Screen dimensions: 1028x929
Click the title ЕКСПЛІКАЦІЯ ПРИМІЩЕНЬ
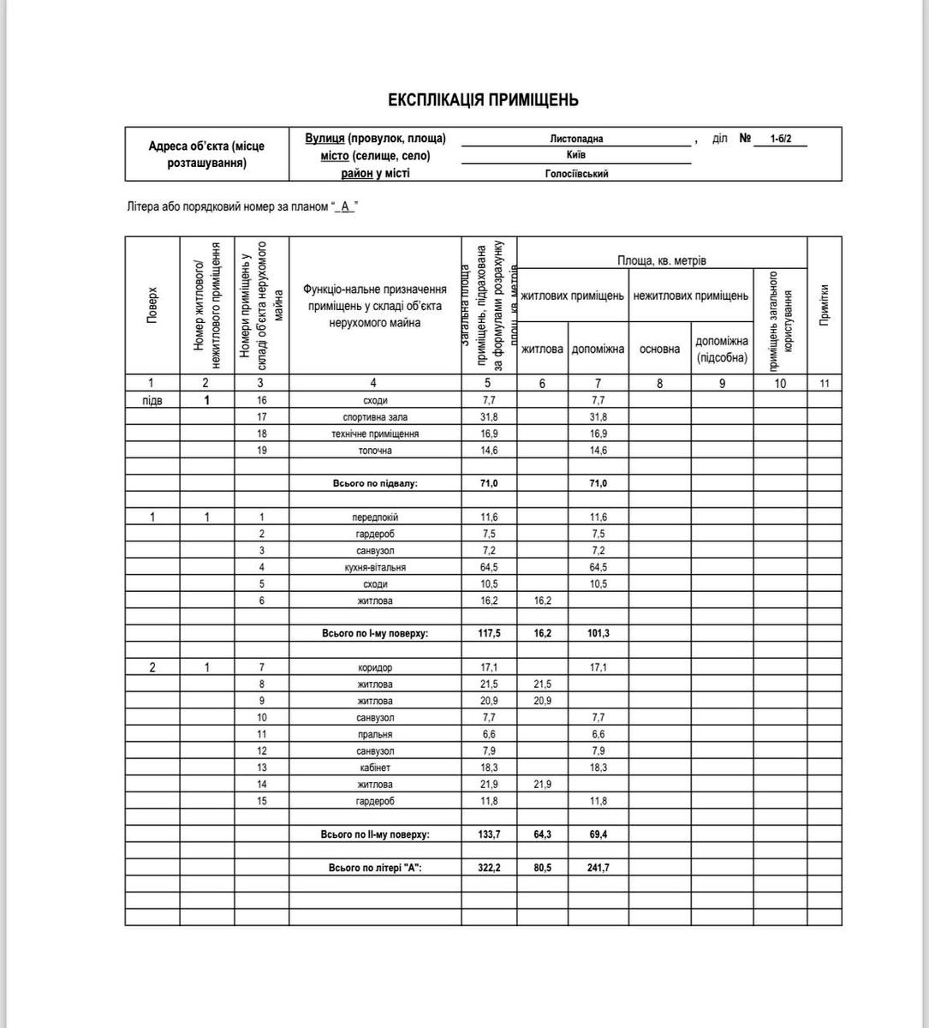483,100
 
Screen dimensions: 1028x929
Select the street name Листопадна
576,139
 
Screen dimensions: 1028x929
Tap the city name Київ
576,156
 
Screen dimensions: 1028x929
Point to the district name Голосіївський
576,174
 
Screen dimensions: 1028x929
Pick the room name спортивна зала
375,417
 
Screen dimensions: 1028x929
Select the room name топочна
375,451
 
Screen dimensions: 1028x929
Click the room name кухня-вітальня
375,567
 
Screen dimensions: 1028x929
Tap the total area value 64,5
489,567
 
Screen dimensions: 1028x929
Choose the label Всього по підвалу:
375,484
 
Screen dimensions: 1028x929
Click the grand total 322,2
489,868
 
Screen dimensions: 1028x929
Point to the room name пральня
375,734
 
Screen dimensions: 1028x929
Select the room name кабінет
375,768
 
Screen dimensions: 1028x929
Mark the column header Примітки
824,304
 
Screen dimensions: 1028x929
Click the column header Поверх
152,304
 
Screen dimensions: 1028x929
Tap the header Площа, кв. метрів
662,260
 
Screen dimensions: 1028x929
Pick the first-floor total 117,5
489,634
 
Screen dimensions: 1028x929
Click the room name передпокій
375,517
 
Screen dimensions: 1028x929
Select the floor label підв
152,400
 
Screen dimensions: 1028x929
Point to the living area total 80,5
542,868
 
